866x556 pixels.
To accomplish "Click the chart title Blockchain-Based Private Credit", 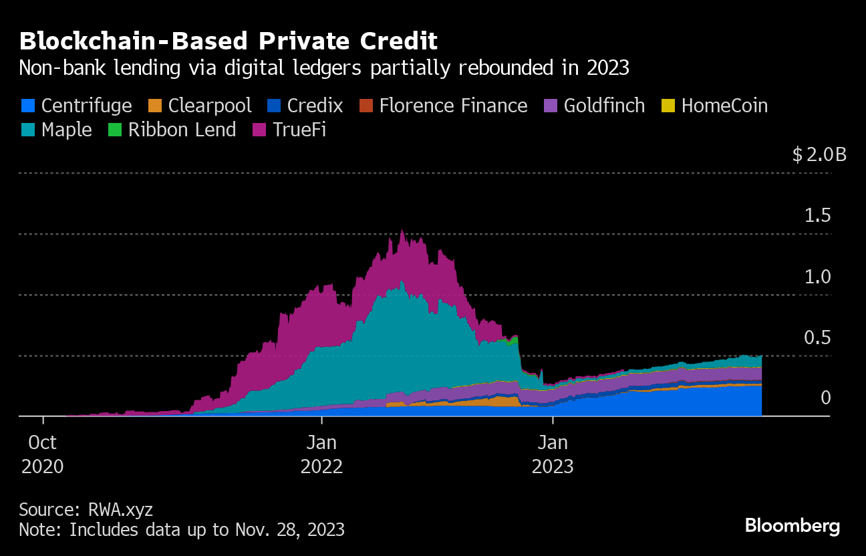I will tap(229, 41).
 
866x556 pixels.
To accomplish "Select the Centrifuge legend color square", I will tap(27, 106).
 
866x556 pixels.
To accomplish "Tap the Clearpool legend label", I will tap(210, 106).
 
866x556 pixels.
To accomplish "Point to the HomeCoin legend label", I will tap(724, 106).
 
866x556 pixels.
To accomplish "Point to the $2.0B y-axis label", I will tap(819, 155).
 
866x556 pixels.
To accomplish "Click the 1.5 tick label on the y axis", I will tap(817, 216).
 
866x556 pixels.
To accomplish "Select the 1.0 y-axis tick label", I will tap(817, 277).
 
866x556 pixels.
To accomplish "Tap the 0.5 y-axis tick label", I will tap(817, 337).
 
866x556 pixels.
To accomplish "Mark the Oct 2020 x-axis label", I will tap(43, 454).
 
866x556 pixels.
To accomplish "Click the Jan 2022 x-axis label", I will tap(321, 454).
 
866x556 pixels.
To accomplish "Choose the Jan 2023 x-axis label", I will tap(553, 454).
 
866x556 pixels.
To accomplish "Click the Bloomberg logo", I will tap(792, 526).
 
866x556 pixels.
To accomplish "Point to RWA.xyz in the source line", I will tap(120, 510).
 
